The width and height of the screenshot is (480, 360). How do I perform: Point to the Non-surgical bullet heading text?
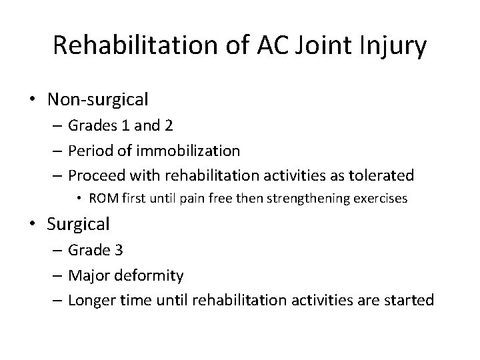click(98, 100)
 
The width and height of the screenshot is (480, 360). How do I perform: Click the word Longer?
click(97, 300)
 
